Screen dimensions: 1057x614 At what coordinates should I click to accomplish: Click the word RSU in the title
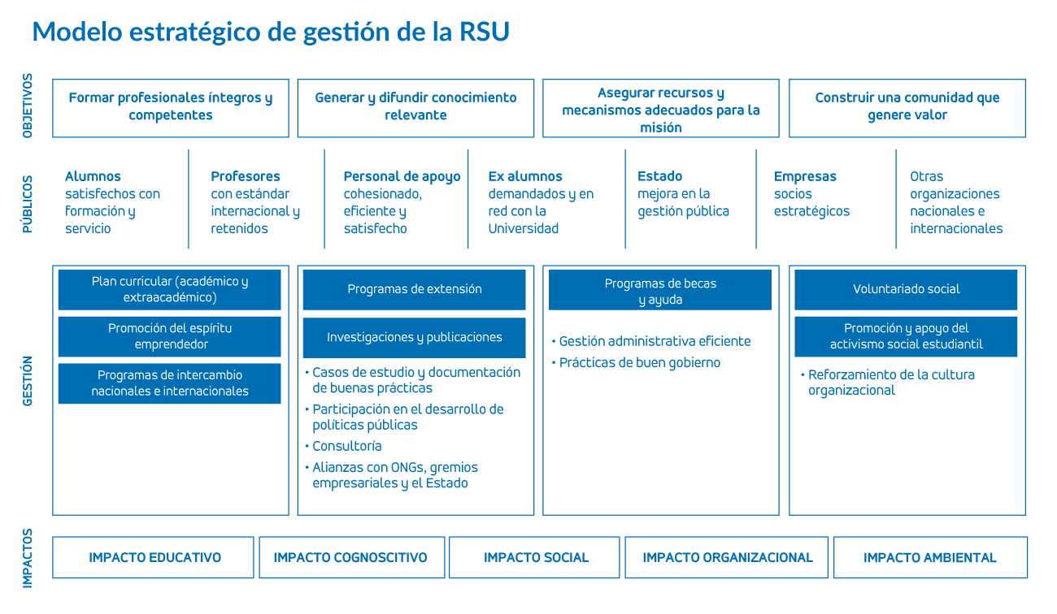[x=484, y=32]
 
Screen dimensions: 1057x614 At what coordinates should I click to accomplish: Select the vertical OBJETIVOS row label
[x=28, y=106]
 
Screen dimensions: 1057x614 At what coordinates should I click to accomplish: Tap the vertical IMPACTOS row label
[x=28, y=559]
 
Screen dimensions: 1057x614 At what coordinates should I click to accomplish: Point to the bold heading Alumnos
[x=93, y=176]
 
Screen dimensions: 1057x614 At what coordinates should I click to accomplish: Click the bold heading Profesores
[x=246, y=176]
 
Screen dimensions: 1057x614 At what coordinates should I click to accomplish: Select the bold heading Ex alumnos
[x=525, y=176]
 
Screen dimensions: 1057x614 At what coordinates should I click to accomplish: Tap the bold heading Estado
[x=659, y=176]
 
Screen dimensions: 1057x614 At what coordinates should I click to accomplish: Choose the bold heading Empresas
[x=805, y=176]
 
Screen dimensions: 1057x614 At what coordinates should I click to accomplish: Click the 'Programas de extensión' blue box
[x=415, y=289]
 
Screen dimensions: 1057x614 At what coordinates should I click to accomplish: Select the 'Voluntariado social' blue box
[x=906, y=289]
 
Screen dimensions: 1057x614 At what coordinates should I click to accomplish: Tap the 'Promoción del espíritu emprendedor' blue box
[x=170, y=336]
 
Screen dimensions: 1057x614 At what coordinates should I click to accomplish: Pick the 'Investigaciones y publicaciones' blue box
[x=415, y=337]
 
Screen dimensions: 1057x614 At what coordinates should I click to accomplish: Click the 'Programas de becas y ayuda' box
[x=660, y=289]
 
